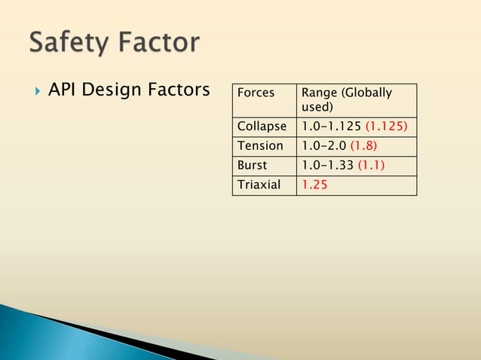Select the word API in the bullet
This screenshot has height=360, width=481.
coord(63,90)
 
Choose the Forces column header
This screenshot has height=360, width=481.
coord(256,93)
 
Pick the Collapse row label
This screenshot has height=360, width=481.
coord(262,127)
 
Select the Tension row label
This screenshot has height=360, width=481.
coord(260,145)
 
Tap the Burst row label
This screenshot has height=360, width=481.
coord(253,165)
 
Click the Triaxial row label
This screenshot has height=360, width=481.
coord(258,185)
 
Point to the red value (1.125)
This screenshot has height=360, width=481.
coord(386,127)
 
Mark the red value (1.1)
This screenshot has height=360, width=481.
coord(371,165)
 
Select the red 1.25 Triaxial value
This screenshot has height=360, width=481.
coord(314,185)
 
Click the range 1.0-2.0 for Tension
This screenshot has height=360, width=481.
coord(323,145)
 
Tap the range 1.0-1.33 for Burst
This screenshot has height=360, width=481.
coord(327,165)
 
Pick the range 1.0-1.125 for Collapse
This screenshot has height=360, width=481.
coord(331,127)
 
